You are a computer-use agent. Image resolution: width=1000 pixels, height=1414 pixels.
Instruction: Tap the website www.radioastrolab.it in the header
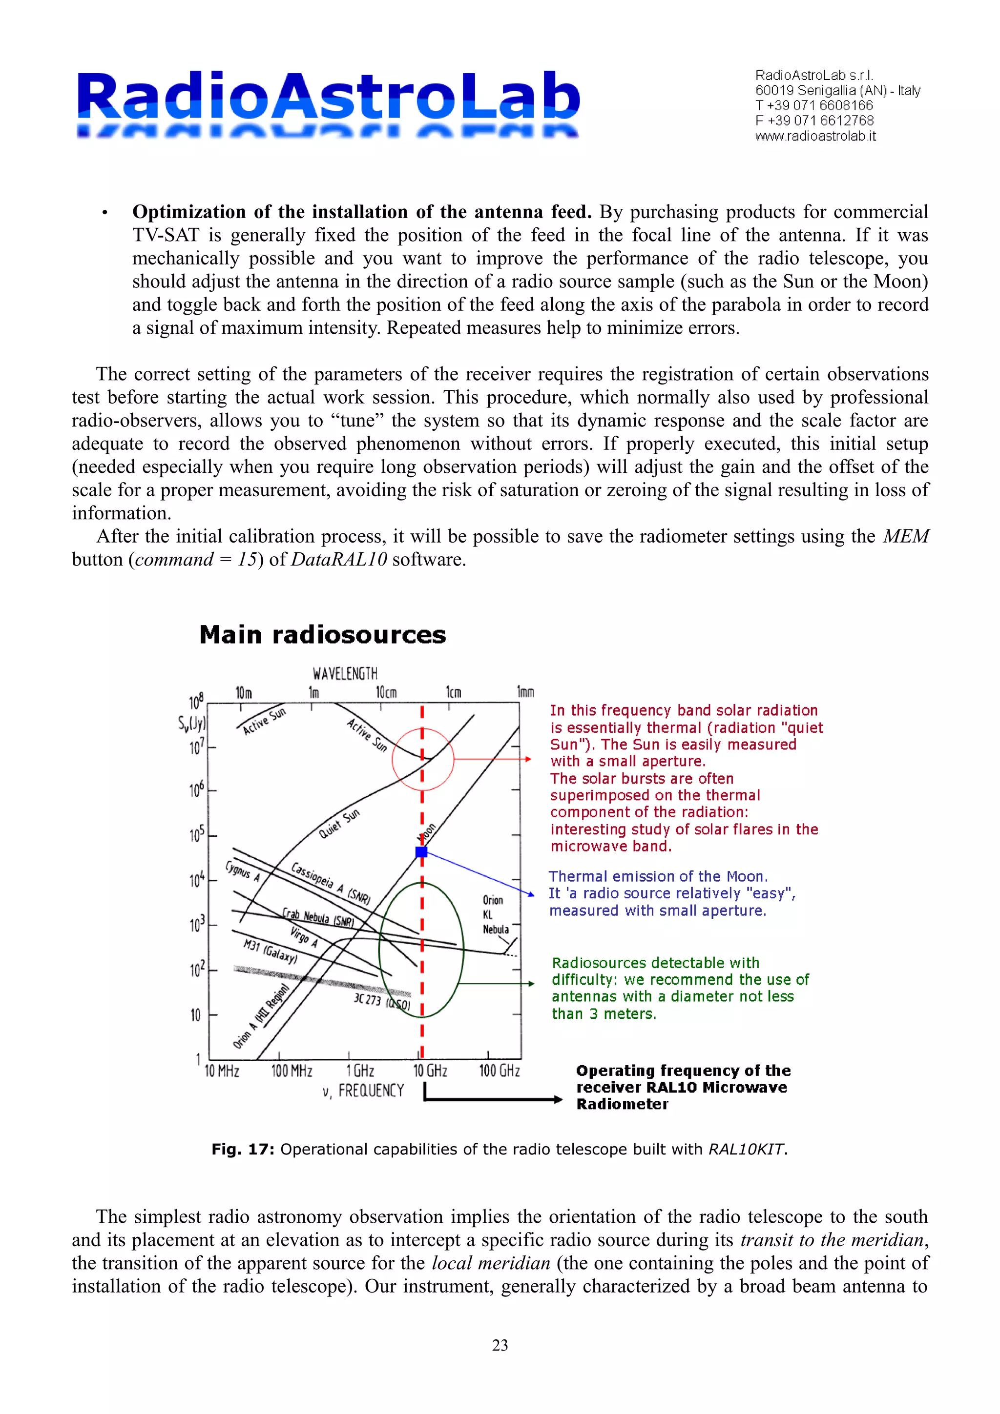814,137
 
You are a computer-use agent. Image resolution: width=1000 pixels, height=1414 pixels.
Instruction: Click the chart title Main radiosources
322,635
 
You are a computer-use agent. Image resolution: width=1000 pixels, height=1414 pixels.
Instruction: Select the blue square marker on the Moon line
421,852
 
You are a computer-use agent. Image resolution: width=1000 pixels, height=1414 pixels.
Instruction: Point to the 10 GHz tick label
430,1071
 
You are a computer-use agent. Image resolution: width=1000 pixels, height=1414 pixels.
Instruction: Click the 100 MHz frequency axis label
292,1071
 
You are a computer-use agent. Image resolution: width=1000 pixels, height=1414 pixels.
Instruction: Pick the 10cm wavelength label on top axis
386,692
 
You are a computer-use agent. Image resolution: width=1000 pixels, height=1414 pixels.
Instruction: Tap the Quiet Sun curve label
339,824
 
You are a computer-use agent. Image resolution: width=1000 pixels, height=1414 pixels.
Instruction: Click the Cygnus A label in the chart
242,871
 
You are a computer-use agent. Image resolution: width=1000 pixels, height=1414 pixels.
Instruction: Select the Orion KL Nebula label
496,914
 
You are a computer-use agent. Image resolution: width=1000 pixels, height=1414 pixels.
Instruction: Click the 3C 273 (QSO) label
382,1001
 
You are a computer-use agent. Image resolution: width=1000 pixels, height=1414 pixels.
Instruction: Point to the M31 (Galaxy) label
270,951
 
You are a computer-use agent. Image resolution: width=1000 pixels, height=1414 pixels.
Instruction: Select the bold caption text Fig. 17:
243,1149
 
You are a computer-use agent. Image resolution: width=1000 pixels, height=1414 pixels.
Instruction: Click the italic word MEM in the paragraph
905,536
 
